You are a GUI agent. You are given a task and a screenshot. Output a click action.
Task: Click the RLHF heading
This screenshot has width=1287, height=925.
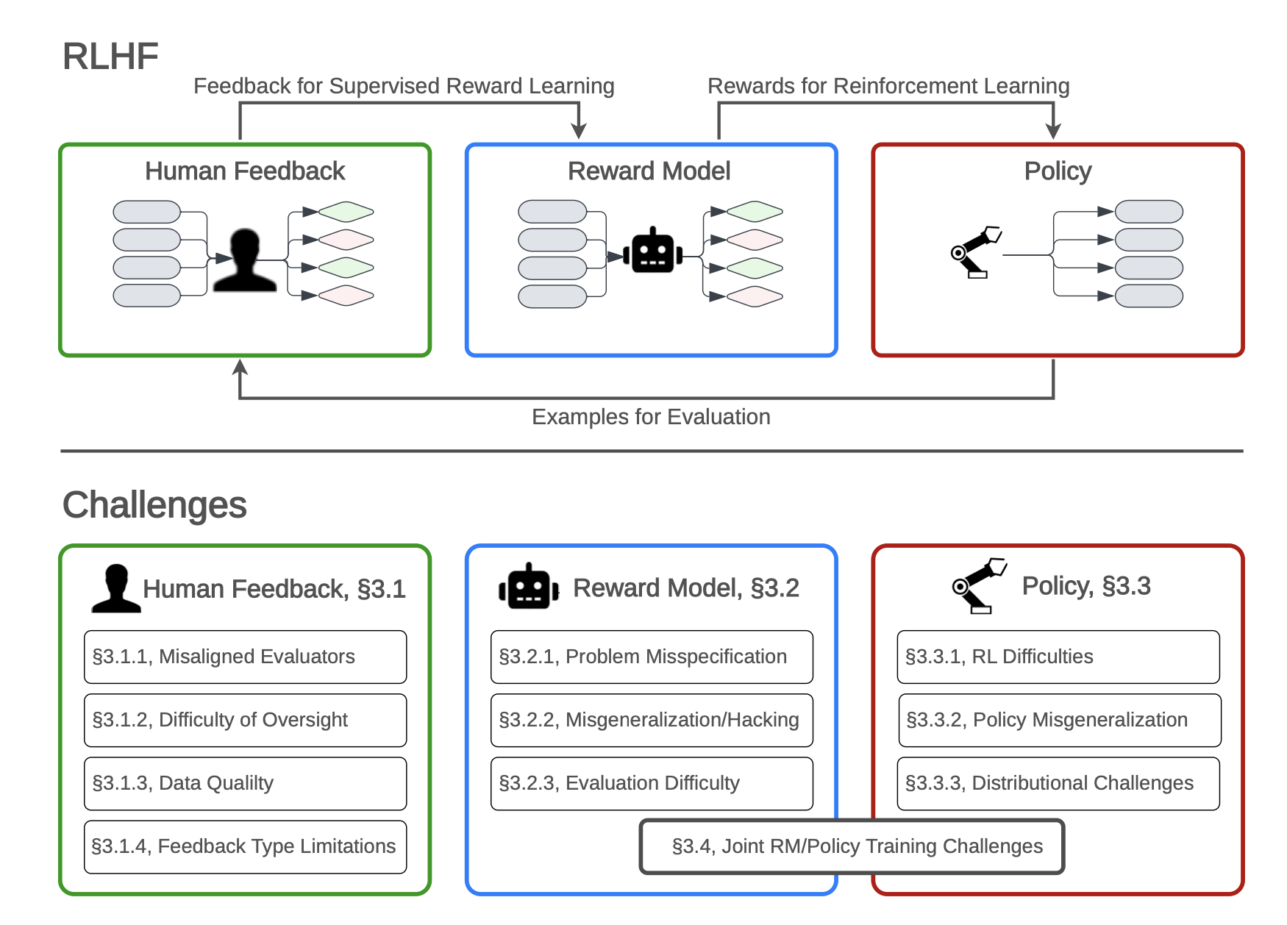coord(110,57)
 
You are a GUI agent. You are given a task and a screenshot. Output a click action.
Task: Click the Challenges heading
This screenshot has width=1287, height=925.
coord(154,505)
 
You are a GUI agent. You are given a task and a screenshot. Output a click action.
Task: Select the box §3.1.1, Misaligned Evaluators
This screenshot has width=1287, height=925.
coord(245,657)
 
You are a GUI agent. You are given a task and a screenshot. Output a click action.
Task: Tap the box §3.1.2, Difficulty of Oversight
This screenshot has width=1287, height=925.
coord(245,720)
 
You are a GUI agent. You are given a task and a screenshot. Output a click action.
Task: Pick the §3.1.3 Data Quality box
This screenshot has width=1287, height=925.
coord(245,783)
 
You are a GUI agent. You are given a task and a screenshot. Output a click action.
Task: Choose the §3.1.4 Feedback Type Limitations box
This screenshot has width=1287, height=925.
coord(245,846)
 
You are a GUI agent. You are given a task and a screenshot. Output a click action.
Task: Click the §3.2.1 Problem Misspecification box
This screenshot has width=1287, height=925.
coord(652,657)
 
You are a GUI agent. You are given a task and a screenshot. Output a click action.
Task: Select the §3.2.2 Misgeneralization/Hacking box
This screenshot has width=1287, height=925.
coord(652,720)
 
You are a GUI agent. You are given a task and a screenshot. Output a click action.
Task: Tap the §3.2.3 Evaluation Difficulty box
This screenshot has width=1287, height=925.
coord(652,783)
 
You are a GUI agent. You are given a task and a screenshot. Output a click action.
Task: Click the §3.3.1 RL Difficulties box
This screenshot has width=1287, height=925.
coord(1058,657)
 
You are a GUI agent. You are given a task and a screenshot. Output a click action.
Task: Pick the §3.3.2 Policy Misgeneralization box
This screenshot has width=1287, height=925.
coord(1059,720)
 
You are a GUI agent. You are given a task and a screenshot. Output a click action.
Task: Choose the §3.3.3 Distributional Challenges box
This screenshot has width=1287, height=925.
coord(1058,783)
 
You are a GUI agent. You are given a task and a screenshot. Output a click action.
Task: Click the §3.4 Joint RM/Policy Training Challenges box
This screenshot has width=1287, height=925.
coord(852,846)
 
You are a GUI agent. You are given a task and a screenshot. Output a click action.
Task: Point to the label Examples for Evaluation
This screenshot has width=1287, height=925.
coord(651,417)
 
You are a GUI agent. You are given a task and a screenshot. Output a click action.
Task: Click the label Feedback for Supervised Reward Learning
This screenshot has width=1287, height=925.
coord(404,86)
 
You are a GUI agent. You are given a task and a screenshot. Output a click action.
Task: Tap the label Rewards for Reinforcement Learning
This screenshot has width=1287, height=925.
coord(888,86)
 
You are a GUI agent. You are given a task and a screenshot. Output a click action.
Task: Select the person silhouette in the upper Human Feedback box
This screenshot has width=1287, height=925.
coord(245,261)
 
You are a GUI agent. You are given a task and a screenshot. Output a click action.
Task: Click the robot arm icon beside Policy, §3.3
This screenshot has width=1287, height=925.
coord(978,585)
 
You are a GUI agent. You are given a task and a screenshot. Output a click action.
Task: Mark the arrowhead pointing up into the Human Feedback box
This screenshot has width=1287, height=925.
coord(240,366)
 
